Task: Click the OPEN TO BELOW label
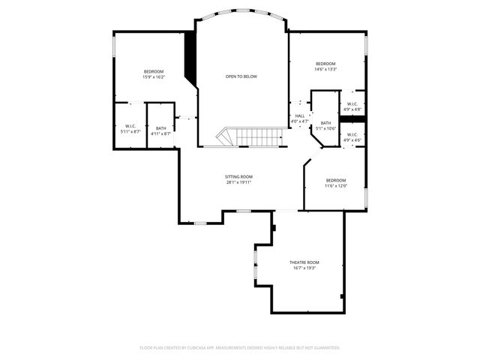(x=241, y=76)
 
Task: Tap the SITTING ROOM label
(x=238, y=177)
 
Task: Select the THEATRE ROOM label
(x=304, y=262)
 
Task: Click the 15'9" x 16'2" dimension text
(x=154, y=76)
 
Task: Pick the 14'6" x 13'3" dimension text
(x=325, y=69)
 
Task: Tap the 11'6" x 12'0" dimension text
(x=335, y=185)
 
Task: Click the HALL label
(x=299, y=115)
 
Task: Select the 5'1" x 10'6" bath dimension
(x=325, y=128)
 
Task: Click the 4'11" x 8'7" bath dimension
(x=161, y=133)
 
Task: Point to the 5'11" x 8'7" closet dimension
(x=130, y=132)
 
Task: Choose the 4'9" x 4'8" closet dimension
(x=352, y=109)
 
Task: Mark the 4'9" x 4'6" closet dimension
(x=352, y=140)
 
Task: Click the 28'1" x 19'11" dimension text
(x=238, y=182)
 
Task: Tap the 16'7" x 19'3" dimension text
(x=304, y=268)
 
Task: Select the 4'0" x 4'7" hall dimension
(x=299, y=121)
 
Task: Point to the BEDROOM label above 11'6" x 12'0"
(x=335, y=180)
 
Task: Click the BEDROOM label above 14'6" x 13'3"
(x=325, y=64)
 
